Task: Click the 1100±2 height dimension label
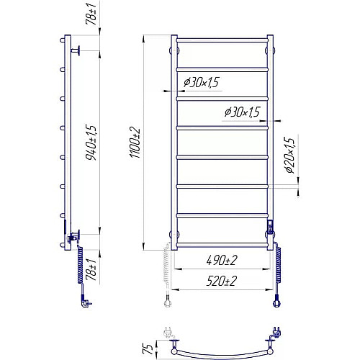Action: click(x=135, y=143)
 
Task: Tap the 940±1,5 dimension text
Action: click(x=91, y=143)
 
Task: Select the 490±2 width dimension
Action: click(x=222, y=260)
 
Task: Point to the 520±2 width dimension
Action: click(x=222, y=281)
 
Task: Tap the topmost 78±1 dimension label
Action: click(x=91, y=13)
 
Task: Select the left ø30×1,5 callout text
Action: click(x=202, y=82)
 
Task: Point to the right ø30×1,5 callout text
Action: click(x=243, y=112)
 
